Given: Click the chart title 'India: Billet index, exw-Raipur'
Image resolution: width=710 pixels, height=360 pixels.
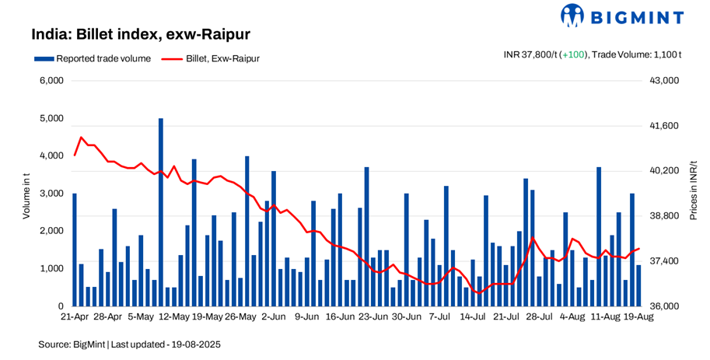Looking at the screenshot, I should click(140, 35).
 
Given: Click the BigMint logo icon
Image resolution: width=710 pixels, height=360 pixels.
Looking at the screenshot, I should click(572, 16).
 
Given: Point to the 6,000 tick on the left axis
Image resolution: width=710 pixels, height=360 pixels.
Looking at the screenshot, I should click(51, 81).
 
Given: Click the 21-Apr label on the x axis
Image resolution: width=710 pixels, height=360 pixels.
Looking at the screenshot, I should click(75, 317).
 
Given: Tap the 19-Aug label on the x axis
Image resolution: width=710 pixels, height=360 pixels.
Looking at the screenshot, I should click(638, 317).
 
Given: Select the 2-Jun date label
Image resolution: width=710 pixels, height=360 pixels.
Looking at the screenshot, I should click(274, 317).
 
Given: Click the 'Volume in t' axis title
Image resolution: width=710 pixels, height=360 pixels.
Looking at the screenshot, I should click(26, 194).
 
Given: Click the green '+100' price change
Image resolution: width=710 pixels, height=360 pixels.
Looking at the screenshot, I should click(573, 54).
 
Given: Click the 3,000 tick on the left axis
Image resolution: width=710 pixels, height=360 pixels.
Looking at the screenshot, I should click(51, 194).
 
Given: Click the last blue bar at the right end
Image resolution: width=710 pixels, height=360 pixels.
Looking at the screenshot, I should click(638, 285).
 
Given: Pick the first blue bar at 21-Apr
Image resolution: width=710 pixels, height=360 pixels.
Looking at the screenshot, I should click(75, 250).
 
